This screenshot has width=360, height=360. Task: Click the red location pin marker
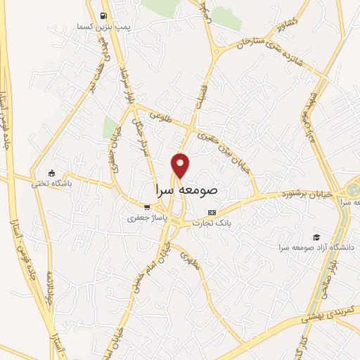pos(181,165)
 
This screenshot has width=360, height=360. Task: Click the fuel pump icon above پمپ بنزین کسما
pos(103,15)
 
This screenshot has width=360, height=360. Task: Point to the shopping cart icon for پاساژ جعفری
pos(147,207)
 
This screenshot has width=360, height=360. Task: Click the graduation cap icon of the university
pos(317,237)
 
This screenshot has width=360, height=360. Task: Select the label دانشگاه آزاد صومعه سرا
pos(317,247)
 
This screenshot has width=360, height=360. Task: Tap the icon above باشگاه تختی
pos(51,173)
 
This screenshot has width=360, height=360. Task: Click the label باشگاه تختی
pos(51,184)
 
